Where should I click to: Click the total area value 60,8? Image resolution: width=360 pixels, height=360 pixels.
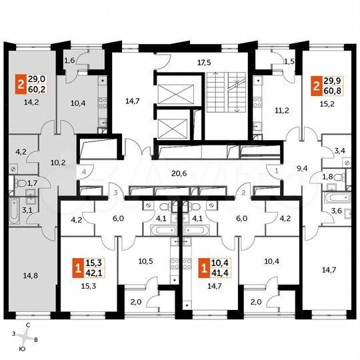tap(333, 89)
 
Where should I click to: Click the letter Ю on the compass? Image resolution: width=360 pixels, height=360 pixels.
tap(22, 349)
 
